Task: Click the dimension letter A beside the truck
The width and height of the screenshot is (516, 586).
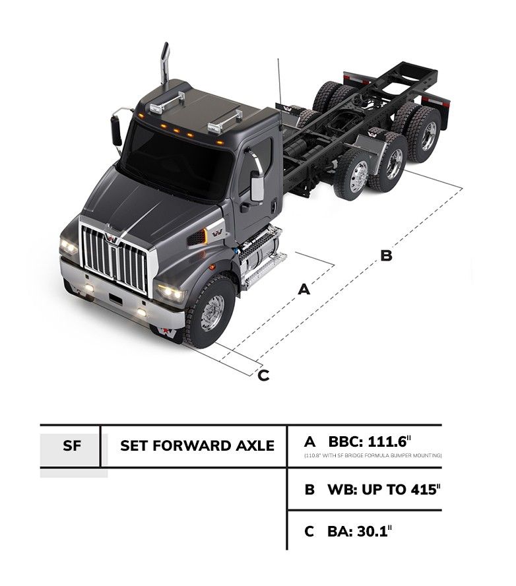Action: click(304, 289)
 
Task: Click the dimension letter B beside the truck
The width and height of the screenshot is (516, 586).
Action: click(387, 255)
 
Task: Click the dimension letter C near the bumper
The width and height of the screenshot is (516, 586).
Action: click(263, 375)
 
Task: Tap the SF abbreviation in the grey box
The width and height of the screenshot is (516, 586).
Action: click(72, 445)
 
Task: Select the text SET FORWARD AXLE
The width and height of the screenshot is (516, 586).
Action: click(197, 445)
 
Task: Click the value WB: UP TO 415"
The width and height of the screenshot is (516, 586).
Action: click(383, 490)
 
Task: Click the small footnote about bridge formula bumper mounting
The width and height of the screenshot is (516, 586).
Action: click(373, 455)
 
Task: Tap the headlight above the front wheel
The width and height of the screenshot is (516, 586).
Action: click(171, 292)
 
